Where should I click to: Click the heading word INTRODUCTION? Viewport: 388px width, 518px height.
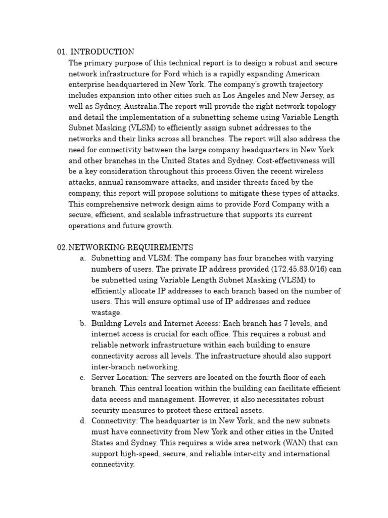[102, 52]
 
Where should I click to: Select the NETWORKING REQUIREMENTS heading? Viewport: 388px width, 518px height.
[131, 247]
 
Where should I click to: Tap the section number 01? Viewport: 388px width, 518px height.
[62, 52]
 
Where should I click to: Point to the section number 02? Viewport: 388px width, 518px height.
[62, 247]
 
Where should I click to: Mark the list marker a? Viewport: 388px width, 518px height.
[82, 258]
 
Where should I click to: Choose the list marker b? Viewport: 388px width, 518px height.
[82, 324]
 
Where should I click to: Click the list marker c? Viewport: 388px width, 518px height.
[82, 378]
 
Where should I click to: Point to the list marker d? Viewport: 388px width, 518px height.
[82, 421]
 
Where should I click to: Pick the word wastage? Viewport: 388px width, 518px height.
[107, 313]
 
